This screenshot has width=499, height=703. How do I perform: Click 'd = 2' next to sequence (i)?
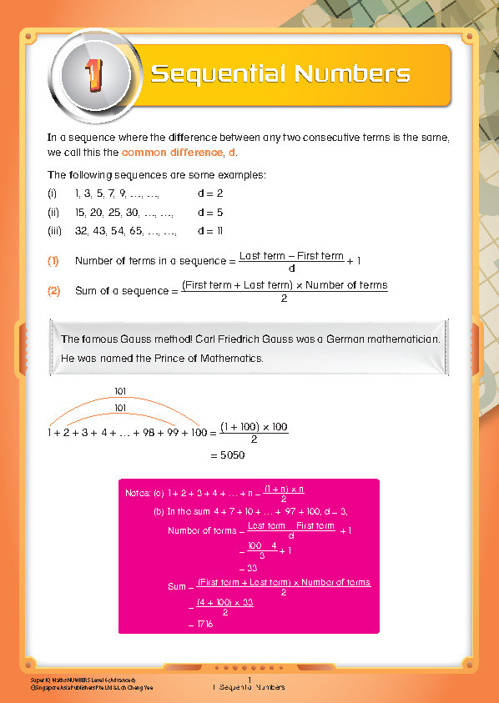[x=210, y=193]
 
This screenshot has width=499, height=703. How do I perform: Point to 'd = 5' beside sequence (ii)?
[x=210, y=212]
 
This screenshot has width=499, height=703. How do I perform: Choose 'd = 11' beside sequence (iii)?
[x=210, y=231]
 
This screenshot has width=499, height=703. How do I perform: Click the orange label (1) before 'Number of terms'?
[x=53, y=261]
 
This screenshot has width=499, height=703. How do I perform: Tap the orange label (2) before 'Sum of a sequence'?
[x=53, y=291]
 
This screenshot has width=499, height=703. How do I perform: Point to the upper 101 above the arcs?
[x=120, y=390]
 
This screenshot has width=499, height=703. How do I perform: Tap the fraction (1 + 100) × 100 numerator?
[x=254, y=426]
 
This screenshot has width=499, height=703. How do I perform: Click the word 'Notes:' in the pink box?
[x=139, y=493]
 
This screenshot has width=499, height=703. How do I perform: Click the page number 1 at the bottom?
[x=249, y=680]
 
